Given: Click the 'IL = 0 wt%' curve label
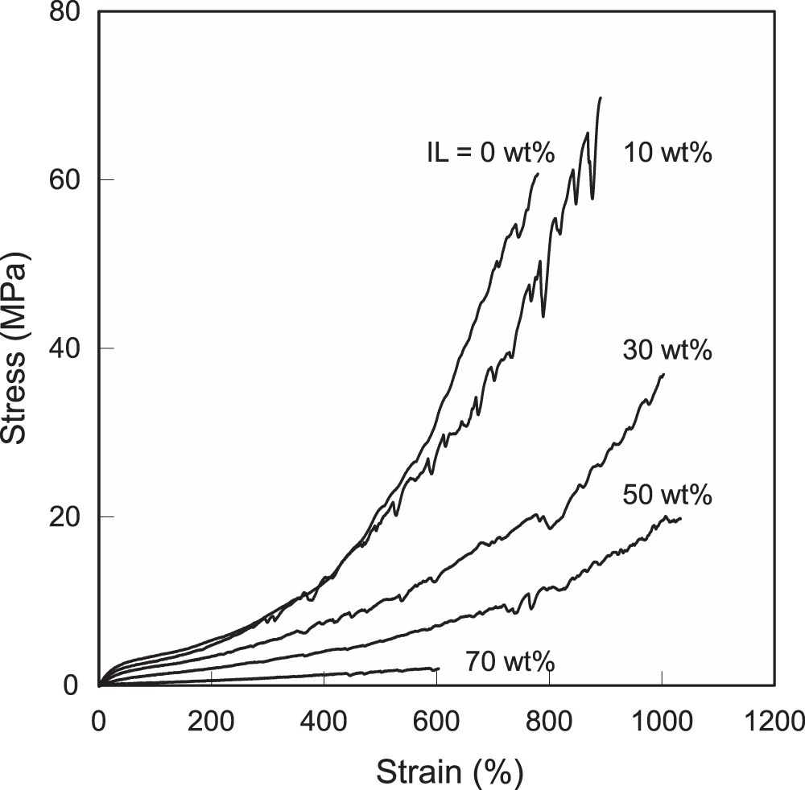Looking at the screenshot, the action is [x=491, y=152].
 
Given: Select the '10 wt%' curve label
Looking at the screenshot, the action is [x=668, y=152].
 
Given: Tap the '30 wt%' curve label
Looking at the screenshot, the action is [x=667, y=350].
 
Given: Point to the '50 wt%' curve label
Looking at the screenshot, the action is [x=667, y=495].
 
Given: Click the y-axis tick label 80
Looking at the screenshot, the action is [x=64, y=11].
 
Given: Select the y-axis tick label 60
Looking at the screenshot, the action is [x=64, y=179].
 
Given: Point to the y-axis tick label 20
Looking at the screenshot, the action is [x=64, y=516].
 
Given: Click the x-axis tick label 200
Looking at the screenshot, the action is [x=211, y=722].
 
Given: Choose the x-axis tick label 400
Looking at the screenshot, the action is [x=324, y=722].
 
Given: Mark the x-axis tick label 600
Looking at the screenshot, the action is [x=436, y=722].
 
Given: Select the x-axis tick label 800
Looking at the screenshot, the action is [x=549, y=722].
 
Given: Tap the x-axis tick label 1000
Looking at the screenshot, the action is [x=662, y=722].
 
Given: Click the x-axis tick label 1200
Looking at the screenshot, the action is [x=774, y=722].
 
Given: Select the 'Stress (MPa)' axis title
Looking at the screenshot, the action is [x=14, y=348].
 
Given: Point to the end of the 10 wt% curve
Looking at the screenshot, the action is [x=601, y=97].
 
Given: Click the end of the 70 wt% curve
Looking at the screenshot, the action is [x=439, y=669].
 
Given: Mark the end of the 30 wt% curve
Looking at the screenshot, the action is [x=664, y=374].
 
